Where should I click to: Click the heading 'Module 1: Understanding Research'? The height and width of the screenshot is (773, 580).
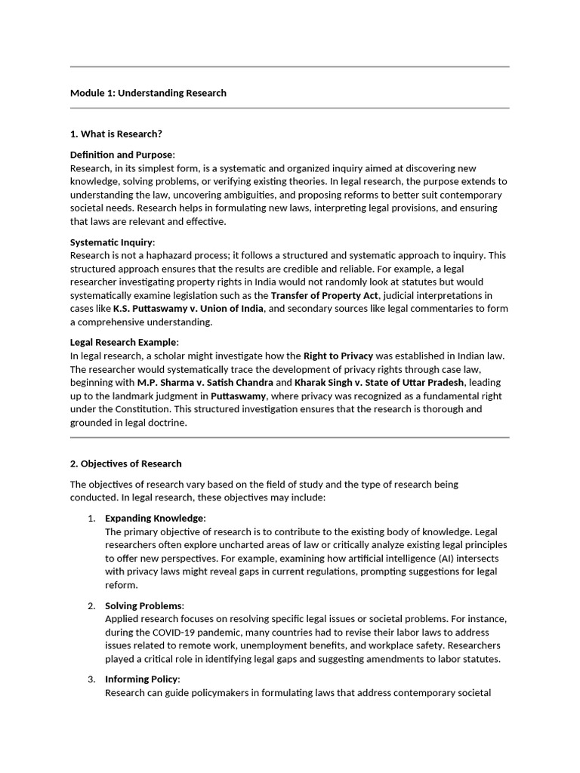point(148,93)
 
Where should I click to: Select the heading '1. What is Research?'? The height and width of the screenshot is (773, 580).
point(116,134)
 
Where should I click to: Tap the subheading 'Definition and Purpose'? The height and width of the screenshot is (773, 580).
point(121,155)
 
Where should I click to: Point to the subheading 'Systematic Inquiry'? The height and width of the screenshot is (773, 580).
point(111,242)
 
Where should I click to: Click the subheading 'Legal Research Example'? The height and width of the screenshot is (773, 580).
point(124,343)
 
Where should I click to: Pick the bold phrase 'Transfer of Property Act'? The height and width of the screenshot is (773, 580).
point(324,295)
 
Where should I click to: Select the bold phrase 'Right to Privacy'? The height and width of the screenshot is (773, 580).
point(338,356)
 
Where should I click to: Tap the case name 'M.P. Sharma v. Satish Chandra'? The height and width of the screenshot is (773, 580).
point(205,383)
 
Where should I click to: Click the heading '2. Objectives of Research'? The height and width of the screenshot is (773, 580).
point(125,463)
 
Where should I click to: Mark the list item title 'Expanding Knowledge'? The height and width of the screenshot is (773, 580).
point(154,518)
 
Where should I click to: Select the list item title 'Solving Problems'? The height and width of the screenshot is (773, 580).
point(143,605)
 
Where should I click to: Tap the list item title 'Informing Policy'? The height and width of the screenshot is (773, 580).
point(141,679)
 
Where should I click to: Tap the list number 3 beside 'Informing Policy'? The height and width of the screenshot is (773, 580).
point(91,679)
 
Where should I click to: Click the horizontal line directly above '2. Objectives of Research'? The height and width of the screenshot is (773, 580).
point(290,437)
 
